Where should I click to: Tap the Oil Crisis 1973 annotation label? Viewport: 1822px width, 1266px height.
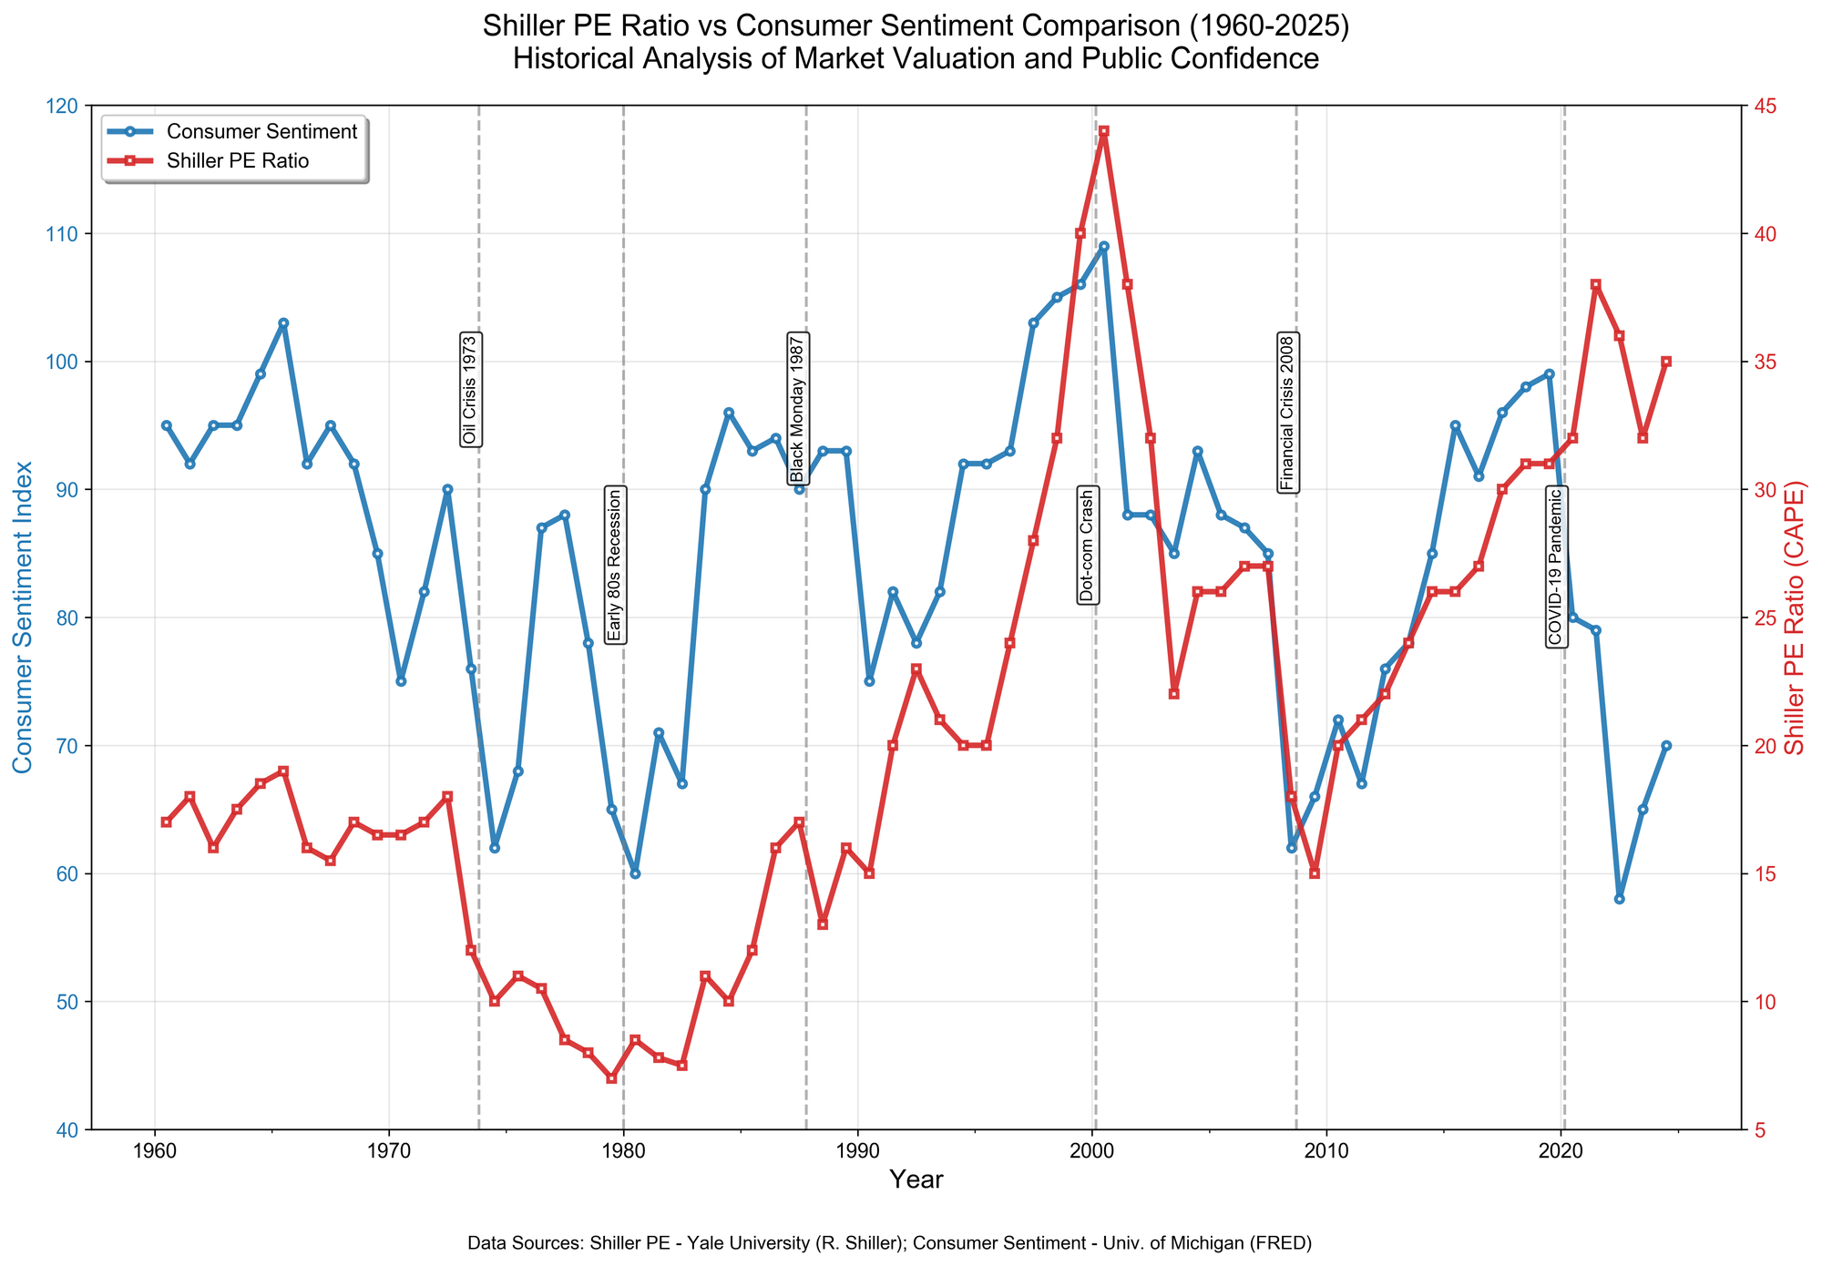[x=469, y=390]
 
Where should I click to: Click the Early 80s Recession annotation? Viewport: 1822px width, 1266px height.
[x=615, y=566]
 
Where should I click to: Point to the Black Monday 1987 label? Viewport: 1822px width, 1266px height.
[x=798, y=408]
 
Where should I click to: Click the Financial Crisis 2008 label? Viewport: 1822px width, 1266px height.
[x=1288, y=413]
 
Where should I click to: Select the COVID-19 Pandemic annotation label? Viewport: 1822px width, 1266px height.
[x=1556, y=567]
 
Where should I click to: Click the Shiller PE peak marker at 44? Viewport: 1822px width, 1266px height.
[x=1103, y=131]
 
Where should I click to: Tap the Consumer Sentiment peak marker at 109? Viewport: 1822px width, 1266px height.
[x=1103, y=246]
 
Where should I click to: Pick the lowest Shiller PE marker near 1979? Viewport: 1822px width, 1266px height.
[x=611, y=1078]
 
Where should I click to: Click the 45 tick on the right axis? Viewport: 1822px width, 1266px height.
[x=1761, y=106]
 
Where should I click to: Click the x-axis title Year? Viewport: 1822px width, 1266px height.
[x=916, y=1180]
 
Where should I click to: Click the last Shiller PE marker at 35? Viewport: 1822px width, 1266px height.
[x=1666, y=362]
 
